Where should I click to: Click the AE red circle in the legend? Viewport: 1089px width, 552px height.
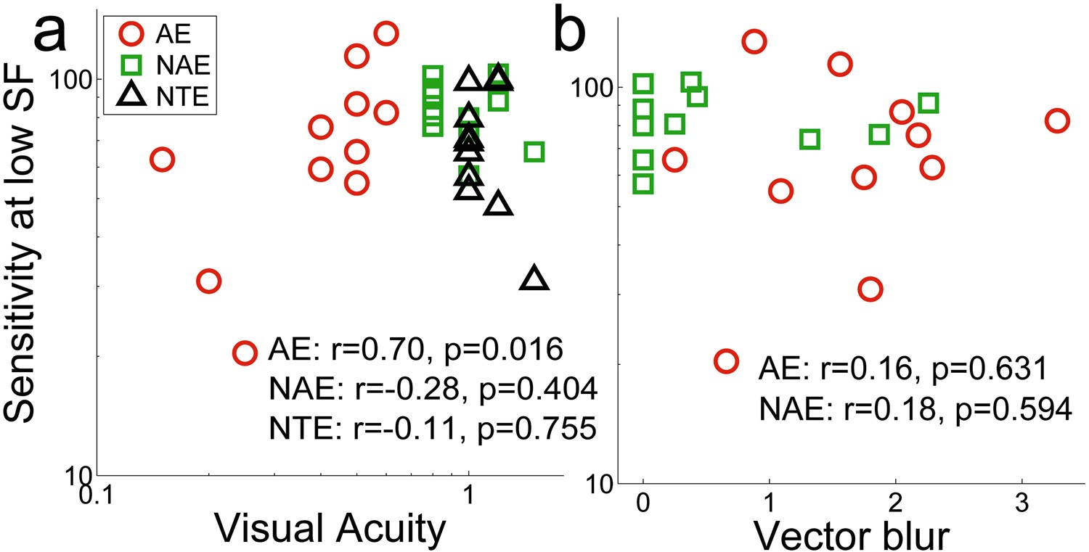click(134, 34)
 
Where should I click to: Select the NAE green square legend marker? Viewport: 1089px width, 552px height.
click(134, 66)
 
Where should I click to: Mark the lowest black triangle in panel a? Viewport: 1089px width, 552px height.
click(534, 279)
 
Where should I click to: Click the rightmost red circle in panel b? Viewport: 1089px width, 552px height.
click(1056, 120)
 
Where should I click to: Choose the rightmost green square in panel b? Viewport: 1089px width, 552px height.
click(928, 103)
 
